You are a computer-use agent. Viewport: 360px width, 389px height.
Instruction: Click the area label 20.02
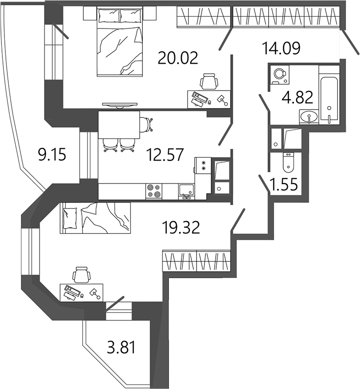[x=178, y=58]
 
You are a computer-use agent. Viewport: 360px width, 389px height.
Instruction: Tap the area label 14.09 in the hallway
[x=281, y=48]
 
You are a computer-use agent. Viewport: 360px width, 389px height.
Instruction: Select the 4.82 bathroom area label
[x=297, y=97]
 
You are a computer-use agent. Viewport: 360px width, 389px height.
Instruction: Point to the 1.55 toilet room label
[x=284, y=184]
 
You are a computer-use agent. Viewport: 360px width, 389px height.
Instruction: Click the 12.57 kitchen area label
[x=165, y=155]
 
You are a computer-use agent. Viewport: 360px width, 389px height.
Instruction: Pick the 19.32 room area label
[x=181, y=228]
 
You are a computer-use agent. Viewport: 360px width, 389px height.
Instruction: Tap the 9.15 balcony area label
[x=52, y=155]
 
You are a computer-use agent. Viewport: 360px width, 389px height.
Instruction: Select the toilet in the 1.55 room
[x=288, y=162]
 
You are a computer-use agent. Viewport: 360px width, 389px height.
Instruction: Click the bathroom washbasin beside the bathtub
[x=309, y=117]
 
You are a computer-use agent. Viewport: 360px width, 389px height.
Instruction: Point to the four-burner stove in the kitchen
[x=154, y=191]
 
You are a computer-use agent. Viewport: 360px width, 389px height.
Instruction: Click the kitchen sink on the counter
[x=186, y=192]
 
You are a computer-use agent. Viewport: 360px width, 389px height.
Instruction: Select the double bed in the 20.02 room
[x=120, y=42]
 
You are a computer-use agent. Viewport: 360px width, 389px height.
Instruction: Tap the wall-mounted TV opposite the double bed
[x=120, y=105]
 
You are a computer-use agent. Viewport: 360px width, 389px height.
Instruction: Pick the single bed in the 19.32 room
[x=95, y=218]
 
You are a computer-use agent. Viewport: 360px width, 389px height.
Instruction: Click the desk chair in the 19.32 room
[x=82, y=275]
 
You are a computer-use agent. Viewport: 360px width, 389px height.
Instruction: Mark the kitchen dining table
[x=119, y=125]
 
